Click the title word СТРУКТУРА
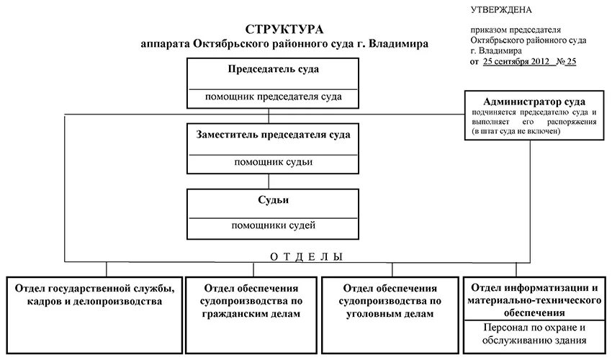coord(284,30)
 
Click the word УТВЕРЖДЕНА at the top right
coord(501,9)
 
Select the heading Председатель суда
coord(273,70)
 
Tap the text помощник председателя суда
coord(273,96)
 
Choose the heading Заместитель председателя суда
coord(273,135)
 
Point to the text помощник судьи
coord(273,162)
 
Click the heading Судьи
coord(273,199)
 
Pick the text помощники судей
coord(273,225)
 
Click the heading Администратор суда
coord(534,102)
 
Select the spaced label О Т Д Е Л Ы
coord(306,257)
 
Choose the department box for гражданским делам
coord(252,302)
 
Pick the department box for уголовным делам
coord(390,302)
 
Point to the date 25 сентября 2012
coord(516,62)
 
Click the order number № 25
coord(566,62)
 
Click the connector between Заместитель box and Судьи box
coord(269,181)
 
